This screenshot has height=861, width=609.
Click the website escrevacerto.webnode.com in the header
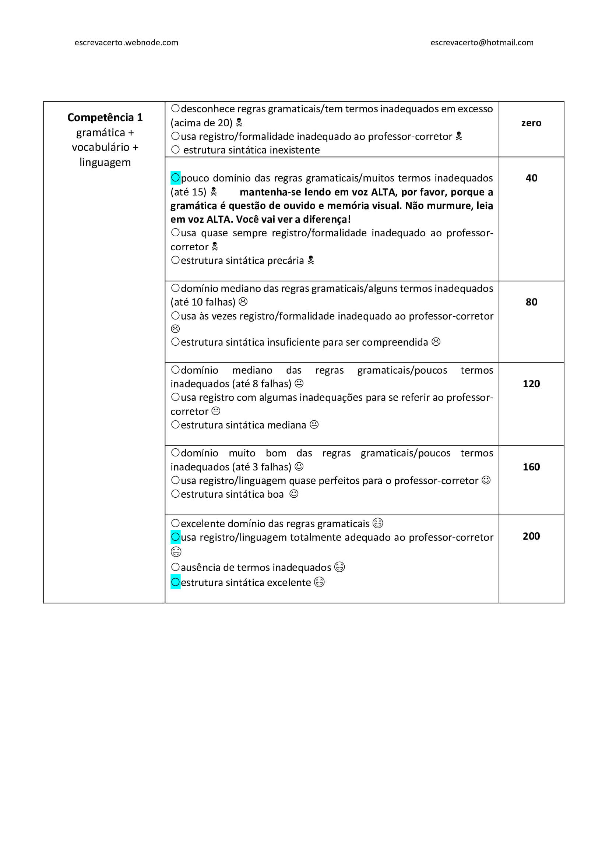(x=126, y=43)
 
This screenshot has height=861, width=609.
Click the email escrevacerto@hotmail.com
(x=482, y=43)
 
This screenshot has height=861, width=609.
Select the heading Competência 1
(x=105, y=117)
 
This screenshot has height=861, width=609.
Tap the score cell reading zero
(x=531, y=123)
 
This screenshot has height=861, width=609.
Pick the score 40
(x=531, y=178)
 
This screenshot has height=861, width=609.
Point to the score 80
(x=531, y=302)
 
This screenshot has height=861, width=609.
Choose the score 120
(x=531, y=384)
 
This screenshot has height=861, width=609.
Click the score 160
(x=531, y=467)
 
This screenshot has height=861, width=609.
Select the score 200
(x=531, y=536)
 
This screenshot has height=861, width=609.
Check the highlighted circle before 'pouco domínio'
(x=175, y=177)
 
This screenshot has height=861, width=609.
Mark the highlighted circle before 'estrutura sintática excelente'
(x=175, y=582)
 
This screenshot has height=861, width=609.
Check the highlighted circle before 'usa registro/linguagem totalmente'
(x=175, y=537)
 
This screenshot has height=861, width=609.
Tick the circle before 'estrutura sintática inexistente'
(x=175, y=150)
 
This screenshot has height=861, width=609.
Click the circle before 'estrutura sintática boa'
(x=175, y=494)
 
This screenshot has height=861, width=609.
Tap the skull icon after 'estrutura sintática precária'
(x=311, y=260)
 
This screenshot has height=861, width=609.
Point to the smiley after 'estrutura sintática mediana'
(x=314, y=425)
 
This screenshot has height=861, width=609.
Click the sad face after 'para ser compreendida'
(x=436, y=342)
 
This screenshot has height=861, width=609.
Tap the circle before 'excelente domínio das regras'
(x=175, y=523)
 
